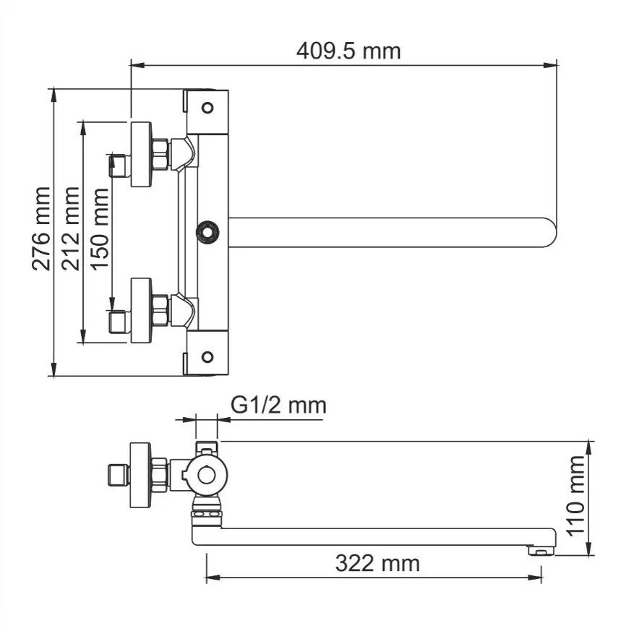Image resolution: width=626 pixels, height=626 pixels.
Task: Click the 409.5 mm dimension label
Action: (348, 51)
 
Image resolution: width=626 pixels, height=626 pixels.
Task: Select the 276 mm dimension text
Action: (42, 228)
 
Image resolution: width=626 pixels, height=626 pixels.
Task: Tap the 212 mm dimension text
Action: (70, 228)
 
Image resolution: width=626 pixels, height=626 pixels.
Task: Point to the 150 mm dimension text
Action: (99, 228)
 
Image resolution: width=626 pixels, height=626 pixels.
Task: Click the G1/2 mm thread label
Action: (278, 405)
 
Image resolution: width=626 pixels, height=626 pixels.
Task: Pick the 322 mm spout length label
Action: (377, 562)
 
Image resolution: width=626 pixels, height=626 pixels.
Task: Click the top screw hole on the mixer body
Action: (207, 108)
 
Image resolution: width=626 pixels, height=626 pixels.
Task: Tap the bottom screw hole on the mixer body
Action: (207, 356)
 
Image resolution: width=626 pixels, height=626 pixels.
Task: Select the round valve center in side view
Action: (207, 475)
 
